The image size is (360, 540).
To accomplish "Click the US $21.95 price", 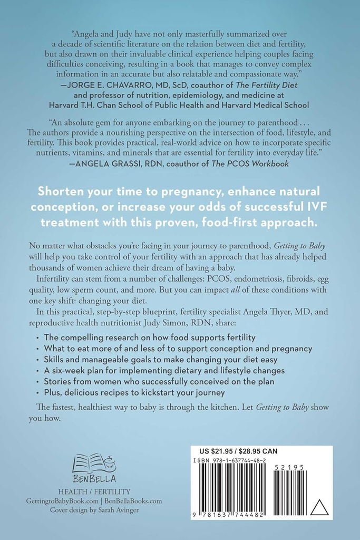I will pyautogui.click(x=221, y=451).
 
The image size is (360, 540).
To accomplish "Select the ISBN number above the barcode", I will pyautogui.click(x=235, y=460).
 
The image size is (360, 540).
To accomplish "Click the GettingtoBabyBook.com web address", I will pyautogui.click(x=63, y=501).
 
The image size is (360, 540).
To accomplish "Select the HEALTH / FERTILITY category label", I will pyautogui.click(x=94, y=491).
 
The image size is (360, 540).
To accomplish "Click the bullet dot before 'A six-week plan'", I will pyautogui.click(x=43, y=371).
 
